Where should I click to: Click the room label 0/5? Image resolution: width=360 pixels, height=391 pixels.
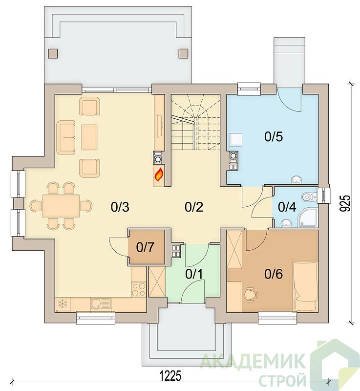tap(274, 137)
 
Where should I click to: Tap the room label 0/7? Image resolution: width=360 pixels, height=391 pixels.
tap(146, 247)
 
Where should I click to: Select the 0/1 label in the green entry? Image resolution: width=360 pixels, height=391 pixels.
tap(194, 274)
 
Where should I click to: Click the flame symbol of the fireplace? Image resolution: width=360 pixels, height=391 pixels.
tap(159, 174)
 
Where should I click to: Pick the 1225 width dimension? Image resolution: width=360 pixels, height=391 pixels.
tap(170, 376)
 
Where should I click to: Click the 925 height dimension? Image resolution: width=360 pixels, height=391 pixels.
tap(345, 203)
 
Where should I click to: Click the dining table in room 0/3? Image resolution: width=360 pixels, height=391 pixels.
tap(61, 206)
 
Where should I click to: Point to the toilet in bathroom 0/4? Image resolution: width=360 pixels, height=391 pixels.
tap(309, 197)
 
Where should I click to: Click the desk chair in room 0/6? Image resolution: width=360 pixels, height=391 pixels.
tap(251, 295)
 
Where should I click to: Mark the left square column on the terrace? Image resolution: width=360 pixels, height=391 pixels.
tap(53, 53)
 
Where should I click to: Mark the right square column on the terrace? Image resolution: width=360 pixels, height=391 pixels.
tap(183, 53)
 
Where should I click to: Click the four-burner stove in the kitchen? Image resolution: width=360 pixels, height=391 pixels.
tap(139, 289)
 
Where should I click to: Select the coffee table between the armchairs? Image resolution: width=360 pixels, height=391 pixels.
tap(89, 137)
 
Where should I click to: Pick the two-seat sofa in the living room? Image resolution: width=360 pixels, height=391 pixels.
tap(66, 137)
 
